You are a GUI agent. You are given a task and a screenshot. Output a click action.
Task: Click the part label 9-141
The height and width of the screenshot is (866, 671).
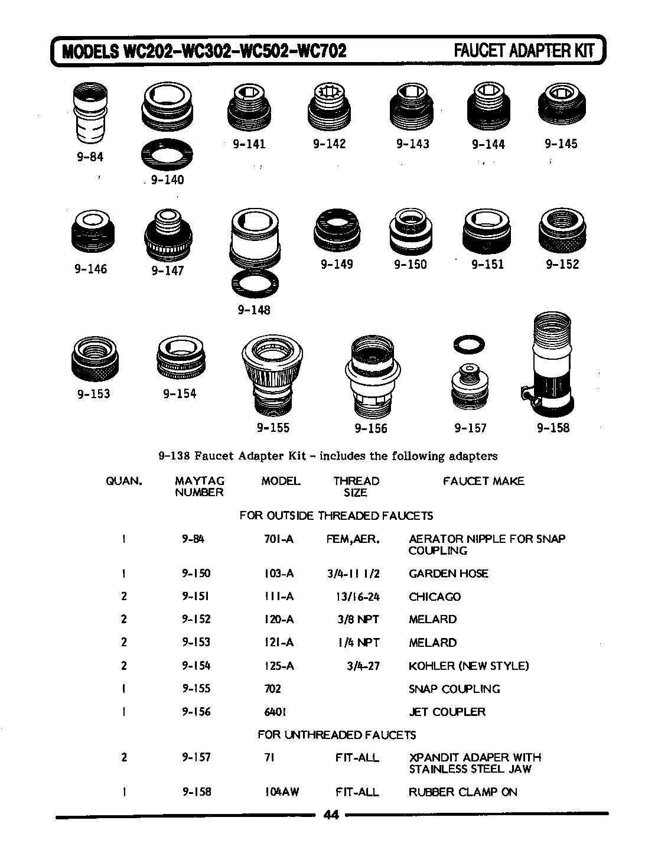[249, 144]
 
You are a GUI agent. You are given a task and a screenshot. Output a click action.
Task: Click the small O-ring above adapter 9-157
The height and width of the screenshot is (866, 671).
[470, 343]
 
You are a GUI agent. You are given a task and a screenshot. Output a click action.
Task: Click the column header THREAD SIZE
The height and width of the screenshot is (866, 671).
[356, 487]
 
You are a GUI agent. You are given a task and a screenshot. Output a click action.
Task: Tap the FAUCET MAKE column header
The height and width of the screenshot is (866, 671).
[483, 481]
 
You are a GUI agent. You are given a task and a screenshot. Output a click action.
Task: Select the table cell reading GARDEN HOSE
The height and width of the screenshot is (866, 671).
[448, 574]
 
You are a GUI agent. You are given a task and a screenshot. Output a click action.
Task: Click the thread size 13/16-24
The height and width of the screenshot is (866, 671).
[357, 597]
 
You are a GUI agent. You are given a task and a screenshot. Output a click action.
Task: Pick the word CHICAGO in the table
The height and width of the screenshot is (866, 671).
[434, 597]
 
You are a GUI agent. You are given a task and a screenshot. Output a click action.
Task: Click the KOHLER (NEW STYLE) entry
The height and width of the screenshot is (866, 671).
[468, 666]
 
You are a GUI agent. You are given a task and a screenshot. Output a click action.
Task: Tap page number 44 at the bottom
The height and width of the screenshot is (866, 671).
[331, 815]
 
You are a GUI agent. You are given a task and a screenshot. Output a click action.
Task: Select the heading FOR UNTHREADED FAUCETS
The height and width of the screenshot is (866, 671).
[337, 735]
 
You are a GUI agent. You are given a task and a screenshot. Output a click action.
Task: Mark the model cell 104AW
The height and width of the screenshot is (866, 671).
[281, 792]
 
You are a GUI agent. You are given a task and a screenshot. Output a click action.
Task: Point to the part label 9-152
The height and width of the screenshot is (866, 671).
[562, 265]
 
